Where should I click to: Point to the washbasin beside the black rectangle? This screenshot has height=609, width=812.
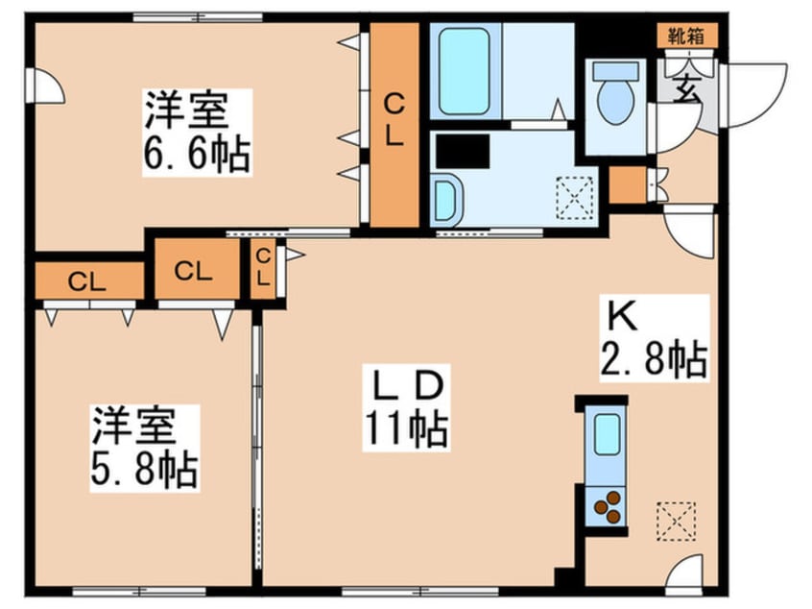[x=446, y=199]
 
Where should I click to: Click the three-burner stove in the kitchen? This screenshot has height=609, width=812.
[x=607, y=507]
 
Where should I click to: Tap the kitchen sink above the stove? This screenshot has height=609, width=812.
[x=607, y=437]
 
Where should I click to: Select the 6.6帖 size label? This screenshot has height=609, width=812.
[x=197, y=153]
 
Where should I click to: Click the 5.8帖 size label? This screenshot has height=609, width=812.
[x=144, y=470]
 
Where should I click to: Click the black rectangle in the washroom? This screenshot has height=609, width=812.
[x=462, y=151]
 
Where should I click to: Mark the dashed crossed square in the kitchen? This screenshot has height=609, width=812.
[x=675, y=522]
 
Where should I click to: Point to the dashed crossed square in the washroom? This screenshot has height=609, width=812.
[x=575, y=197]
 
